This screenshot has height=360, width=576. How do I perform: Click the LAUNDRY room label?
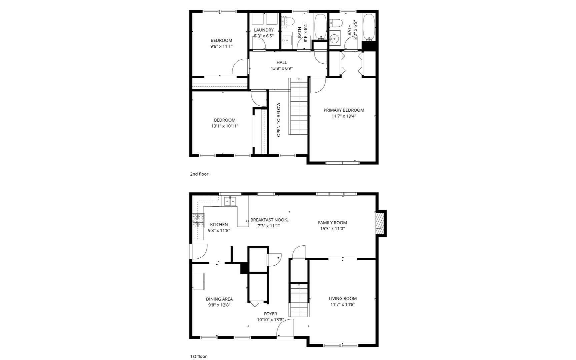point(263,30)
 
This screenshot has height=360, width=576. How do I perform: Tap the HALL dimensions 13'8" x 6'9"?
point(281,68)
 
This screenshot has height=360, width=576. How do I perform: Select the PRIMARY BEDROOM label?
point(344,110)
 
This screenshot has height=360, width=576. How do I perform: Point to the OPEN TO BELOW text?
point(278,120)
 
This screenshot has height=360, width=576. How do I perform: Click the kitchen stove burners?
point(198,220)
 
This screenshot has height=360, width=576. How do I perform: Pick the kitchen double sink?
point(230,201)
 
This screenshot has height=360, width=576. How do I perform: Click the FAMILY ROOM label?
point(332,223)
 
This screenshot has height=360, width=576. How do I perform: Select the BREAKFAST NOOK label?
point(268,220)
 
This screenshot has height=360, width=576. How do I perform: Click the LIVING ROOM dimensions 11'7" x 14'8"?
point(343,304)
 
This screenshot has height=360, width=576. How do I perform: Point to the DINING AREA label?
point(219,299)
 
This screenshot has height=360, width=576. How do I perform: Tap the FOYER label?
point(270,314)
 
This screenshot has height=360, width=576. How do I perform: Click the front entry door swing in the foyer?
point(285,328)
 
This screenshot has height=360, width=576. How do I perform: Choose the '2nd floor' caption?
point(199,174)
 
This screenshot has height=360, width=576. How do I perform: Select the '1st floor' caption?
point(198,356)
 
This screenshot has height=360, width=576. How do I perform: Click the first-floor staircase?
point(299,300)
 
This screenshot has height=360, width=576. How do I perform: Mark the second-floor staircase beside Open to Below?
point(298,106)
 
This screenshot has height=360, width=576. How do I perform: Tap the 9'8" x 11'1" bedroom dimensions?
point(221,46)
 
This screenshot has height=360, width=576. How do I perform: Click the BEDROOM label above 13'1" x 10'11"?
point(224,120)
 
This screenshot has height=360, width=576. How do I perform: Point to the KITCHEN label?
point(219,225)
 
